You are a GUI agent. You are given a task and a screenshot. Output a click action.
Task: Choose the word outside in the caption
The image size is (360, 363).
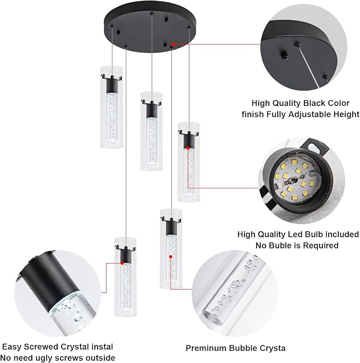[x=99, y=358]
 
